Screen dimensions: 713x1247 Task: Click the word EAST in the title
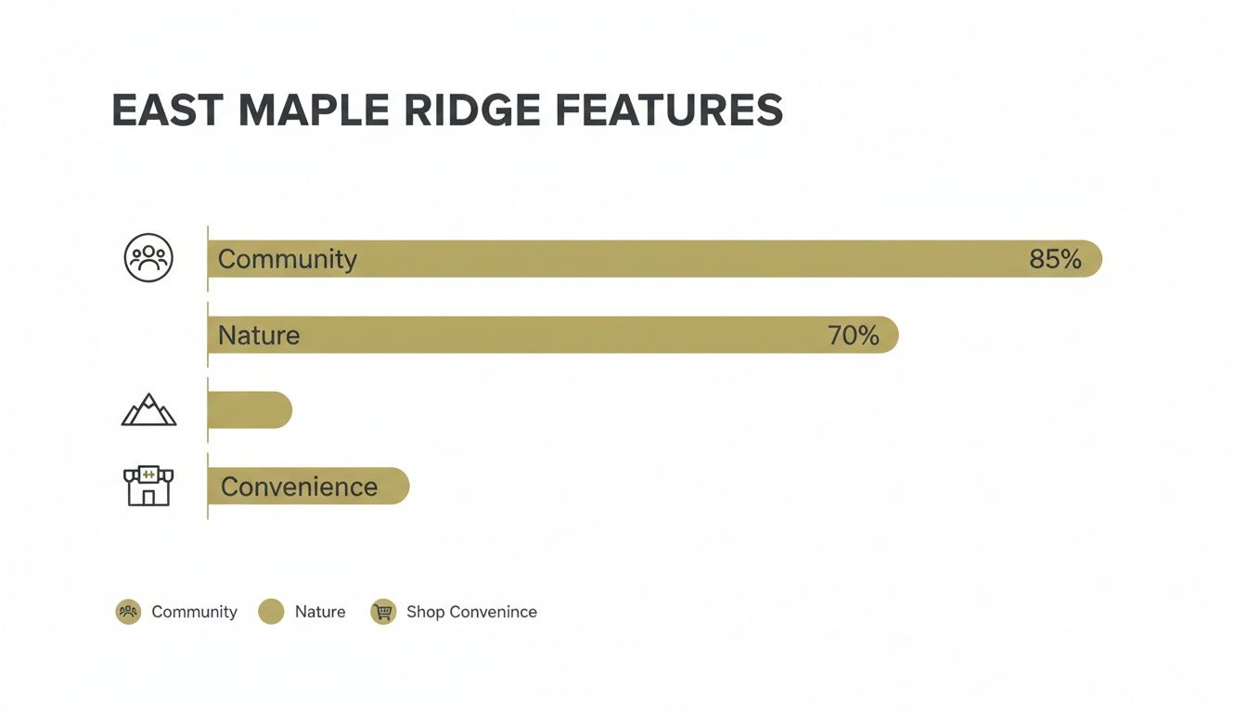168,110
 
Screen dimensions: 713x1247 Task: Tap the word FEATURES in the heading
669,110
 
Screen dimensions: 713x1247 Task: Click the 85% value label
1055,259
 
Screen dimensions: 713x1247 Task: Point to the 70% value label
853,335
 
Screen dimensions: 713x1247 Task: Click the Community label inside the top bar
287,259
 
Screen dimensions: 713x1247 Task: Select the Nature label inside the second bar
259,335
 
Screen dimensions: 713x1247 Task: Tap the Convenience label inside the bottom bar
299,486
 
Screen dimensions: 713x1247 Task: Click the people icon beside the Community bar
148,258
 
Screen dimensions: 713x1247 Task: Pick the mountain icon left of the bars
148,410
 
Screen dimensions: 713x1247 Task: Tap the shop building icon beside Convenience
148,486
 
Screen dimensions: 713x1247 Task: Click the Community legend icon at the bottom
128,612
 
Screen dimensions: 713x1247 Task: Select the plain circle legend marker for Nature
271,612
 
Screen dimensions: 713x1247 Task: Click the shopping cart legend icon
382,612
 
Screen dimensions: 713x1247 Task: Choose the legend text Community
194,612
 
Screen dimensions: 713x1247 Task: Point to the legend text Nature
320,612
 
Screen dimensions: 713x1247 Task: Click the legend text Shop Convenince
471,612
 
